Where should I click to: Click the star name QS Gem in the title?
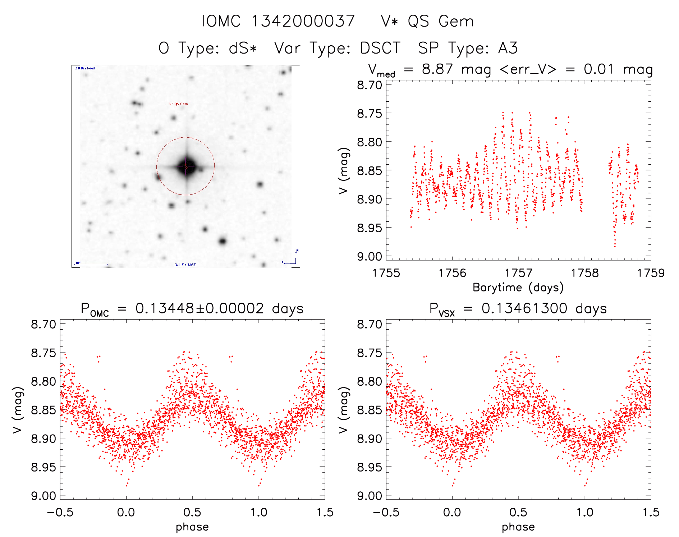pos(441,21)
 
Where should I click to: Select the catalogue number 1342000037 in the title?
pos(303,21)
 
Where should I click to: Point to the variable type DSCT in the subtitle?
pos(380,48)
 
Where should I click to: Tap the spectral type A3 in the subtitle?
pos(508,48)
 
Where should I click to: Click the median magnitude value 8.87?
pos(437,69)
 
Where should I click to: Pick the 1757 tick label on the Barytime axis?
pos(518,273)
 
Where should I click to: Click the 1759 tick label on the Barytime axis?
pos(651,273)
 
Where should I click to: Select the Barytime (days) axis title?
pos(518,288)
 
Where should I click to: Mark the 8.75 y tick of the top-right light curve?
pos(369,114)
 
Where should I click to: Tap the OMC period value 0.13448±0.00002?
pos(199,309)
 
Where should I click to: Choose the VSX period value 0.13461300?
pos(524,309)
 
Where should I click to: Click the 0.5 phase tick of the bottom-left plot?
pos(192,512)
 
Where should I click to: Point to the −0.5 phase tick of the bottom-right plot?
pos(386,512)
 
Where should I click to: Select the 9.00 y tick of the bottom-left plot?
pos(43,496)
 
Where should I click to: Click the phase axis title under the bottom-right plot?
pos(518,527)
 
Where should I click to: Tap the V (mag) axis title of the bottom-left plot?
pos(18,410)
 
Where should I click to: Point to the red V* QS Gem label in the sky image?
pos(178,104)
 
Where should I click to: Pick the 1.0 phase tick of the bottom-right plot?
pos(584,512)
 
